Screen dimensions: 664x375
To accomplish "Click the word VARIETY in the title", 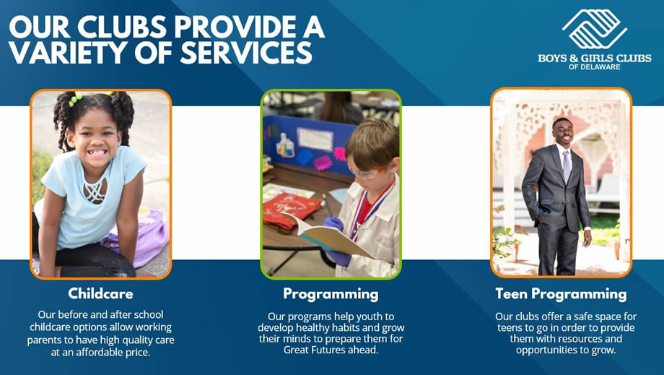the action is point(66,52).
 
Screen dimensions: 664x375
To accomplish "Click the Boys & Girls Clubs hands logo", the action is point(595,28).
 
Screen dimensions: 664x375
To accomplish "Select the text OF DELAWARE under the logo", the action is point(595,67).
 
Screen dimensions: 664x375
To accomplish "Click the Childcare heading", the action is point(101,293).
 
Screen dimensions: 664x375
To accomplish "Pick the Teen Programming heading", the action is point(561,294).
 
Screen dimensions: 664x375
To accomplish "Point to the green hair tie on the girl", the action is point(75,99).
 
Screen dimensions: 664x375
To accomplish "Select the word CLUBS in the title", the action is point(122,27).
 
